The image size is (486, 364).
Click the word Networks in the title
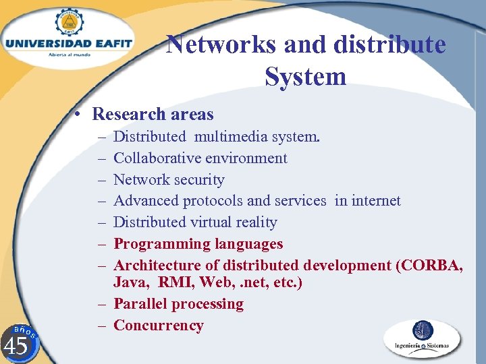(x=221, y=45)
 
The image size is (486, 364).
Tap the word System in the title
(x=306, y=76)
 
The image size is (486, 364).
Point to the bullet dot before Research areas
(x=80, y=115)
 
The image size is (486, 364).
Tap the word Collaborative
(x=158, y=158)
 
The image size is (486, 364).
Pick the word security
(x=199, y=180)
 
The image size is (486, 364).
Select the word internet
(x=375, y=201)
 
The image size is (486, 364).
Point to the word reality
(x=254, y=222)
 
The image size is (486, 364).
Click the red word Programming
(x=160, y=244)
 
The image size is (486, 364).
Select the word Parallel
(x=140, y=304)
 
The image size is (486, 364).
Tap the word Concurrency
(x=159, y=326)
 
